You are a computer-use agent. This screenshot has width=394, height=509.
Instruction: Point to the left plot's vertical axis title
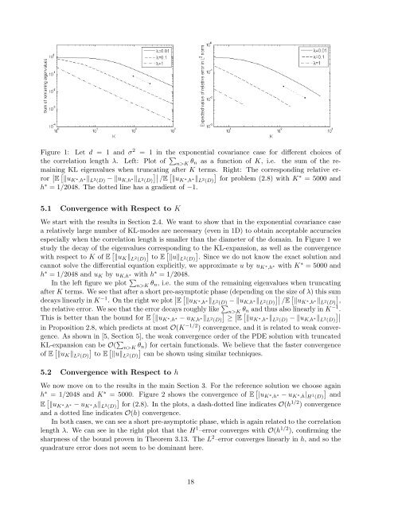[29, 80]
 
